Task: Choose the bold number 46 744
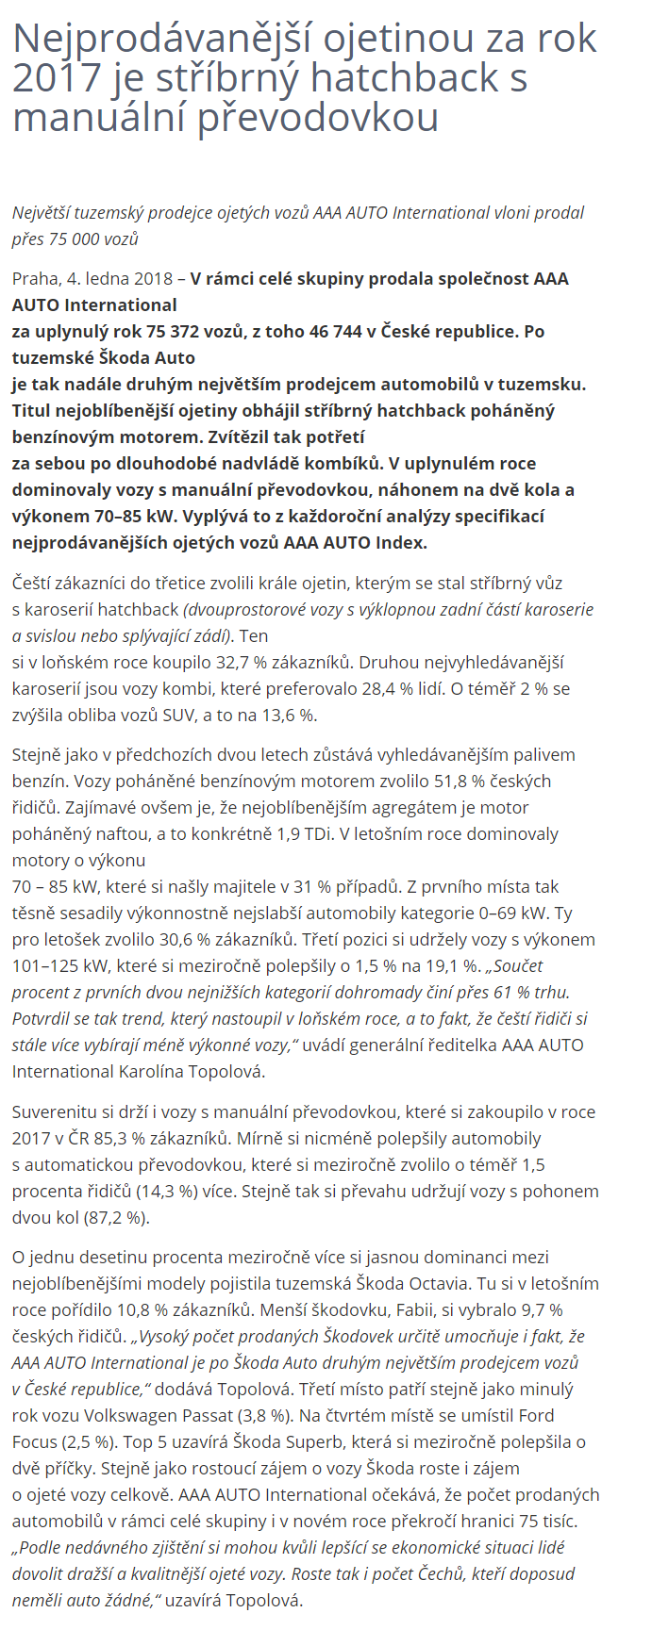pyautogui.click(x=350, y=331)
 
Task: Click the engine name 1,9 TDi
pyautogui.click(x=298, y=833)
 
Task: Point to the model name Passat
pyautogui.click(x=238, y=1415)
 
